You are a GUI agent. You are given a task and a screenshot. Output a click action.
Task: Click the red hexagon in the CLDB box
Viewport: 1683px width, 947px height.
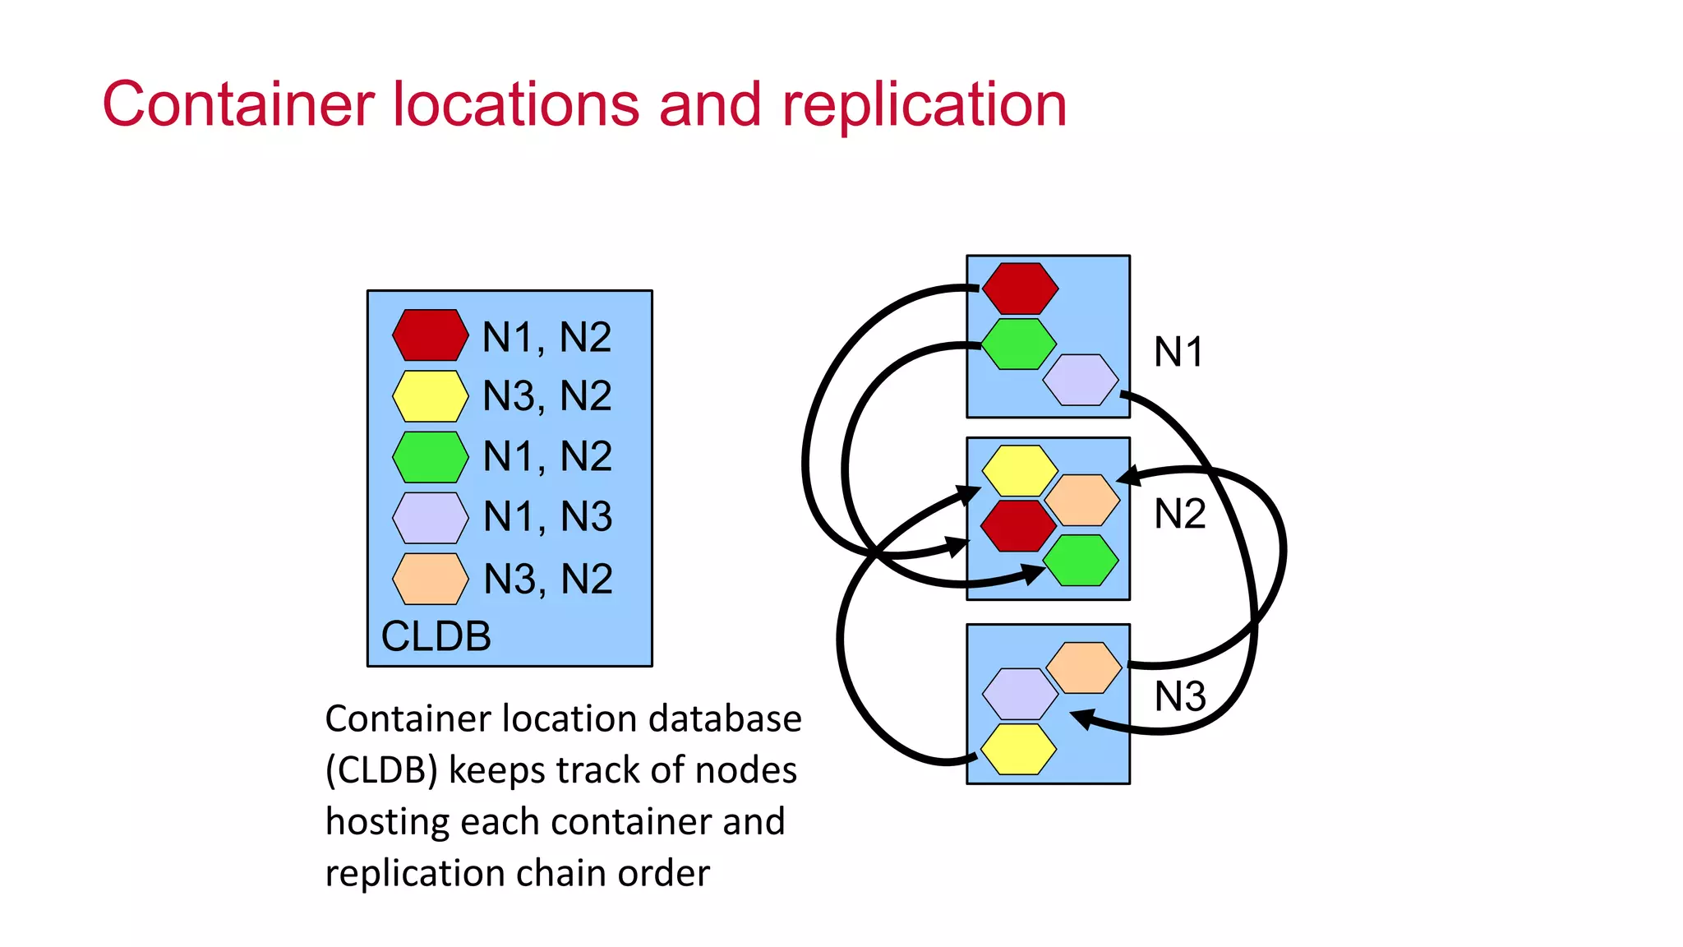tap(430, 335)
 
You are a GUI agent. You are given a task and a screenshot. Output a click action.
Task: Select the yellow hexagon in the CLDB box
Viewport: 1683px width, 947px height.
tap(430, 396)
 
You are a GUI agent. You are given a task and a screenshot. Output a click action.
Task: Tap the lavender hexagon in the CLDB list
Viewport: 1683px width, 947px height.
tap(430, 518)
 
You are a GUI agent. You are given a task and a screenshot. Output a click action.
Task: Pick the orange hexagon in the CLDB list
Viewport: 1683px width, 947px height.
tap(430, 579)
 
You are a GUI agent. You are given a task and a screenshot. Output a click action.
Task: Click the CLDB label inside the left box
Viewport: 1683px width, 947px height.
tap(436, 636)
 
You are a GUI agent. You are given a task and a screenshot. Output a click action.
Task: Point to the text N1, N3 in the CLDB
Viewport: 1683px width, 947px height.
tap(547, 517)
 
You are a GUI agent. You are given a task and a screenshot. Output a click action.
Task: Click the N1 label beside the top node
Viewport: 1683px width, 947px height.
tap(1178, 352)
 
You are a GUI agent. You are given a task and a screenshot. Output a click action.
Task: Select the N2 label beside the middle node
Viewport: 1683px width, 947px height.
tap(1179, 514)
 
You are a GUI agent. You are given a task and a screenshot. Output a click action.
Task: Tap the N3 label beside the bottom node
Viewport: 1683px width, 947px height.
tap(1179, 696)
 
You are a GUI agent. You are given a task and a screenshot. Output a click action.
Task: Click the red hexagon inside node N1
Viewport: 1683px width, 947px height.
tap(1020, 289)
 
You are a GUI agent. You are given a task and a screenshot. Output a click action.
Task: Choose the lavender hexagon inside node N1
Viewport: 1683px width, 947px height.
tap(1080, 380)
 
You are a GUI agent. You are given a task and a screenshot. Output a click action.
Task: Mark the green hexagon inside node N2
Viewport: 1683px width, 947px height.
tap(1080, 560)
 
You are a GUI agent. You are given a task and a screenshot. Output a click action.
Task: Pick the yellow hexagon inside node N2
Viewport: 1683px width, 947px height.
tap(1020, 471)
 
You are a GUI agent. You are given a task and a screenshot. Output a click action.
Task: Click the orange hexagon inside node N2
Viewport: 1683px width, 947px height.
tap(1081, 500)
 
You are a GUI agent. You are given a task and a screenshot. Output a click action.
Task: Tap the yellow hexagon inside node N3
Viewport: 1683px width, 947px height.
tap(1018, 749)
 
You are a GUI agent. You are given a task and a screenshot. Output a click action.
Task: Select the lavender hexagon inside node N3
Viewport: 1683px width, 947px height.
tap(1020, 694)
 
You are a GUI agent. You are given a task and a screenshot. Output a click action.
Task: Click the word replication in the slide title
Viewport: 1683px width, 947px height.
tap(924, 105)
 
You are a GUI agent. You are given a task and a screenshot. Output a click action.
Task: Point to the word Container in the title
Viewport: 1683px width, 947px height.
tap(238, 105)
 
